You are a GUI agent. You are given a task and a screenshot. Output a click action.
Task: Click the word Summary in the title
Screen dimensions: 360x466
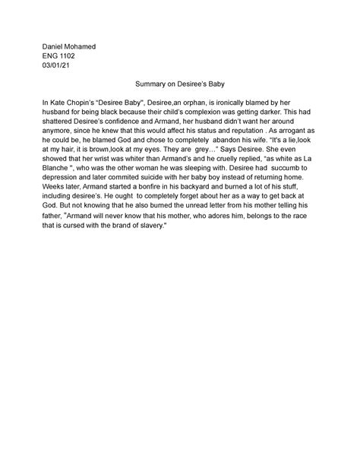pyautogui.click(x=150, y=86)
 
